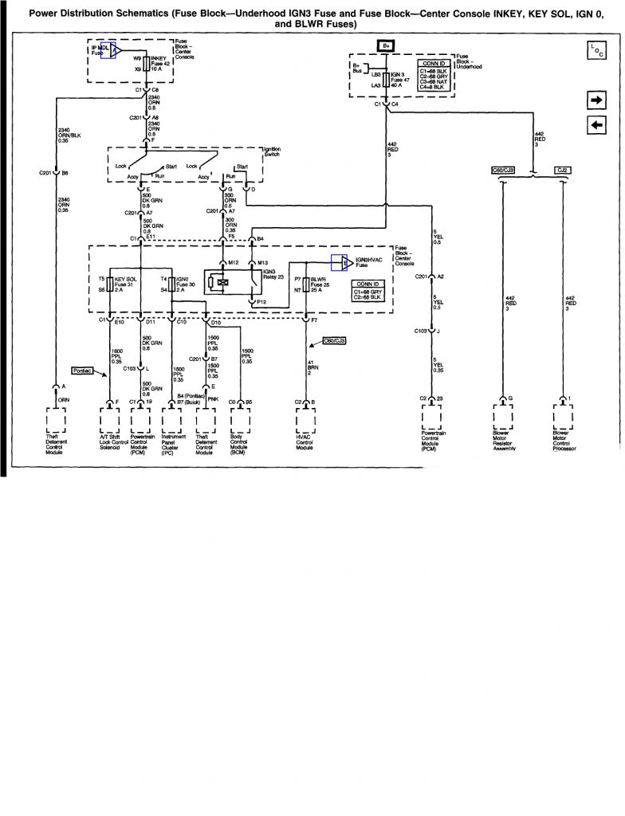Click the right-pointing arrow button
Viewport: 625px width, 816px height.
pyautogui.click(x=596, y=100)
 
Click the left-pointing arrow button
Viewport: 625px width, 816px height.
pyautogui.click(x=596, y=125)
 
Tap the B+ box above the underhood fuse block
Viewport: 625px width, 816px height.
pyautogui.click(x=386, y=46)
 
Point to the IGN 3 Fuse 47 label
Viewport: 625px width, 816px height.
pyautogui.click(x=400, y=79)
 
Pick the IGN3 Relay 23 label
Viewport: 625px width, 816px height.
pyautogui.click(x=274, y=275)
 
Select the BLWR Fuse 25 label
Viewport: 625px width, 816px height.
pyautogui.click(x=320, y=284)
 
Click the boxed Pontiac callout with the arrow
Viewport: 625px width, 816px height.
pyautogui.click(x=82, y=371)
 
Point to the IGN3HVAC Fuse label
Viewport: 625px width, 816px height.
pyautogui.click(x=367, y=263)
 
